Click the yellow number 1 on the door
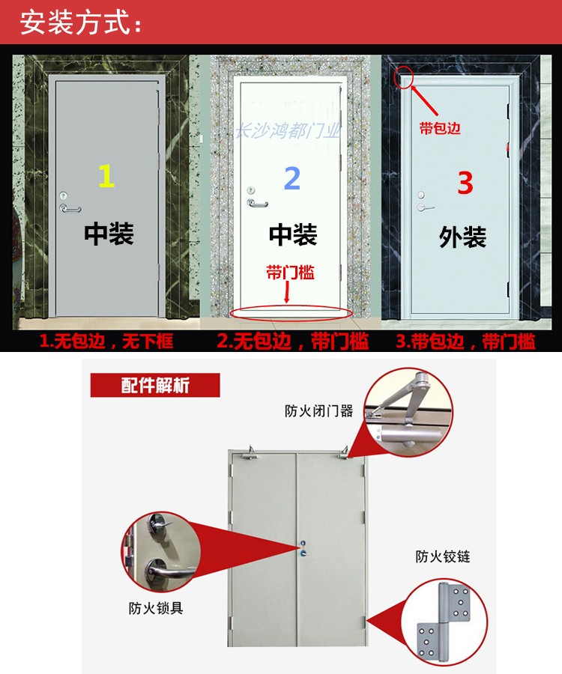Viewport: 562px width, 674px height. (x=106, y=176)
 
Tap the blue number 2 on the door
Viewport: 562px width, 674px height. (x=292, y=178)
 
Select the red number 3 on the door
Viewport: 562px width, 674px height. (x=465, y=182)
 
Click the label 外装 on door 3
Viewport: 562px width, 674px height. (x=462, y=237)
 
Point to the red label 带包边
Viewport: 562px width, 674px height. (x=440, y=128)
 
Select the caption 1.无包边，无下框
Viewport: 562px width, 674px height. (x=106, y=342)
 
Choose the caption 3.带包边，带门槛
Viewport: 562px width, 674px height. (x=465, y=342)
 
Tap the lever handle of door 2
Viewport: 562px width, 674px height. (x=256, y=202)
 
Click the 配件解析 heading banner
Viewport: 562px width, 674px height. (x=155, y=386)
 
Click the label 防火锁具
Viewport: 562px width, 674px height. (x=155, y=608)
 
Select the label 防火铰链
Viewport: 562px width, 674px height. (x=443, y=556)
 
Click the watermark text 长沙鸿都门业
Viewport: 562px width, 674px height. (x=288, y=133)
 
